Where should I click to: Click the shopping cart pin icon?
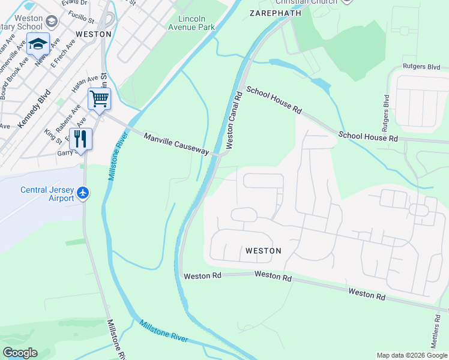click(99, 98)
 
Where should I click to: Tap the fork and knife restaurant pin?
click(80, 139)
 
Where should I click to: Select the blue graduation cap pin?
click(37, 44)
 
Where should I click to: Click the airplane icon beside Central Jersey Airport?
click(83, 193)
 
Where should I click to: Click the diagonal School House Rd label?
click(274, 100)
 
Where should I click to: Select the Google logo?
click(20, 353)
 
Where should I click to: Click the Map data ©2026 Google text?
click(412, 355)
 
